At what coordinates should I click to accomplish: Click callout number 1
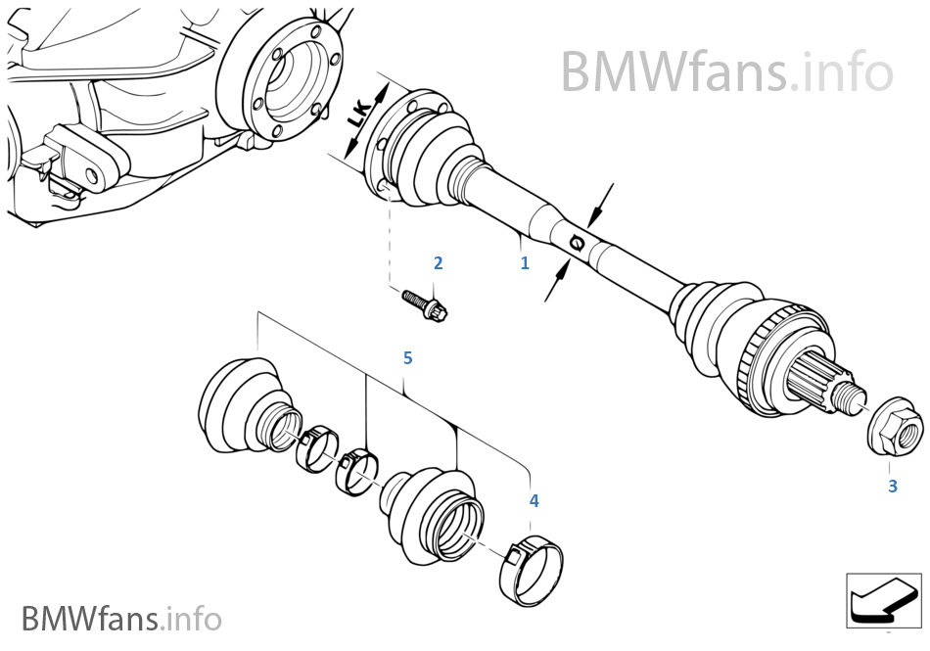tap(525, 263)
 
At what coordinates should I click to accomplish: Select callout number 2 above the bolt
tap(438, 262)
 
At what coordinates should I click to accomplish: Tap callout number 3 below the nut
tap(892, 486)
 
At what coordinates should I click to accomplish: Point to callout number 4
tap(534, 500)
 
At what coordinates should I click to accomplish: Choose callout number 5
tap(407, 358)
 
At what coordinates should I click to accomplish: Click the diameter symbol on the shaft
tap(578, 241)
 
